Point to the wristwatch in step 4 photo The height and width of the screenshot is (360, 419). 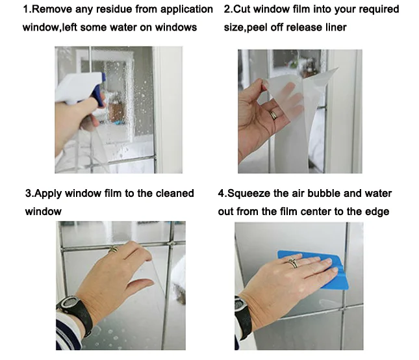pyautogui.click(x=243, y=316)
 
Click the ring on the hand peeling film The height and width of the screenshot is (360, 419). pyautogui.click(x=273, y=115)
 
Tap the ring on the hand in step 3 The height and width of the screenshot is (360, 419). pyautogui.click(x=113, y=250)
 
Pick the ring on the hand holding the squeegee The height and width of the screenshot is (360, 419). pyautogui.click(x=292, y=263)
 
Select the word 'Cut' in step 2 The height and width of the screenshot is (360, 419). pyautogui.click(x=242, y=9)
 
